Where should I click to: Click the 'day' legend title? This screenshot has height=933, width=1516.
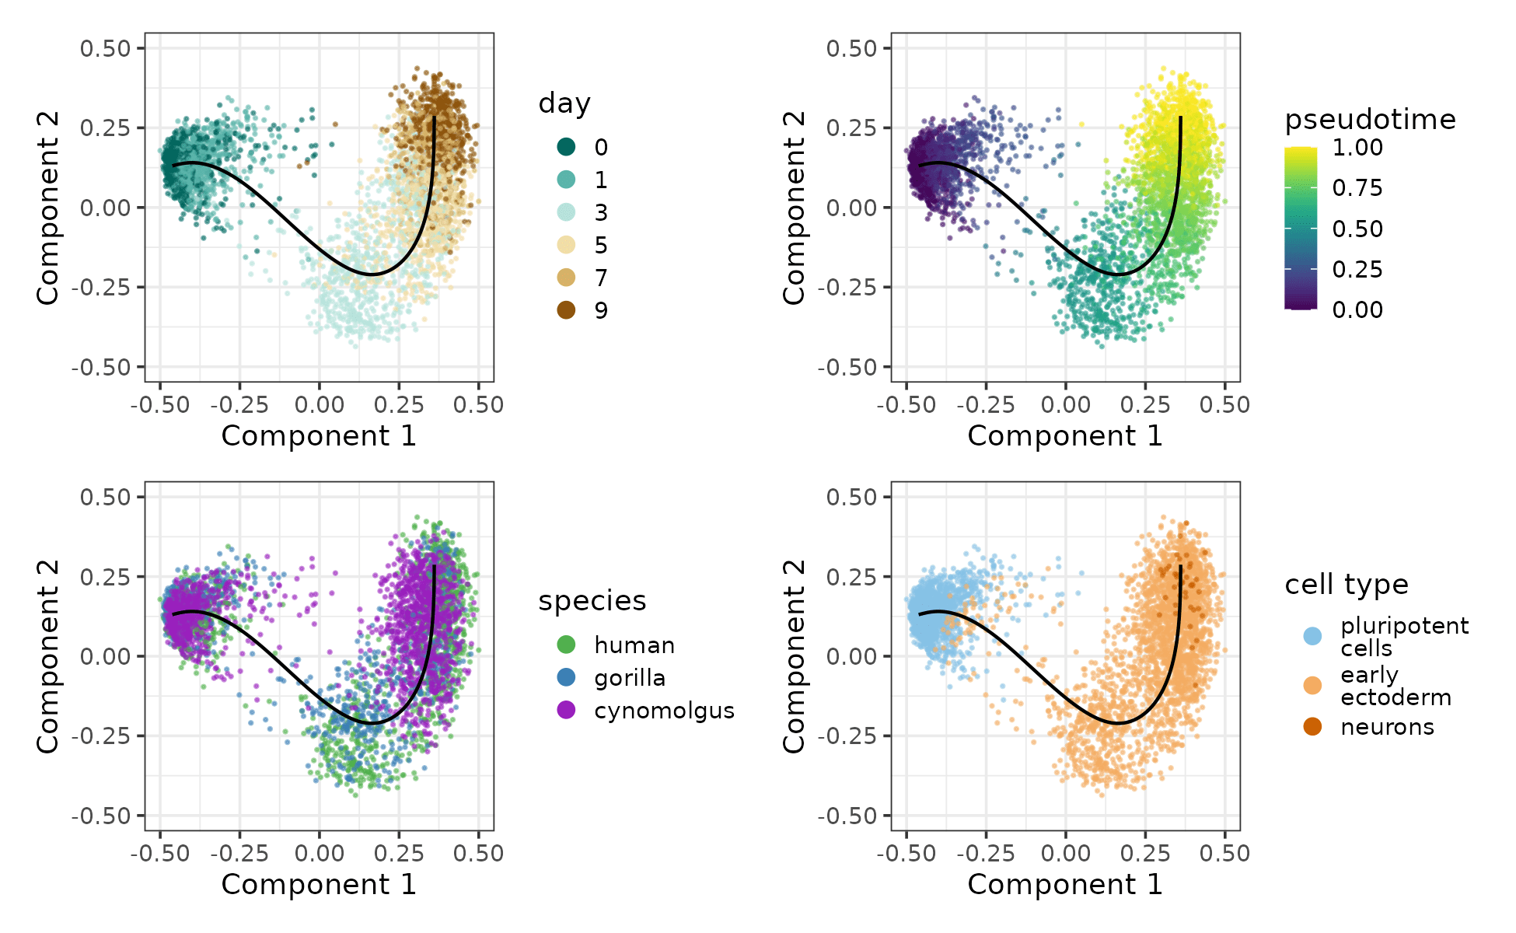(564, 103)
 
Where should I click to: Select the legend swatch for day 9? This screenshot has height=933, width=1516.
(567, 310)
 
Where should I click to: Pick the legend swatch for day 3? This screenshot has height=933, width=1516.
(567, 212)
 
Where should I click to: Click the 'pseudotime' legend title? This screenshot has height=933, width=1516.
(1370, 120)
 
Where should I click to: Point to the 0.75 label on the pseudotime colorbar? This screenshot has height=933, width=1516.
(1357, 188)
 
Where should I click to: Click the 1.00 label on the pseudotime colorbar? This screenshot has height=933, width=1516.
(1357, 148)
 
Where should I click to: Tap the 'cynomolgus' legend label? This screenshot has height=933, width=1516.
(664, 711)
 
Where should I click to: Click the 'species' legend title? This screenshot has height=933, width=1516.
(592, 601)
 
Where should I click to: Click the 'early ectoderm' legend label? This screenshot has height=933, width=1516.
(1395, 686)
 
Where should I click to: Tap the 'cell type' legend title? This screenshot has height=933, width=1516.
(1346, 585)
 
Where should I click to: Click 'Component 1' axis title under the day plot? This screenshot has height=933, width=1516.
(319, 436)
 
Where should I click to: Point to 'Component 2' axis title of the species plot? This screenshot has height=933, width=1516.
(48, 656)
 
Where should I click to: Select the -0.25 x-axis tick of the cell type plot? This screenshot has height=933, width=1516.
(986, 854)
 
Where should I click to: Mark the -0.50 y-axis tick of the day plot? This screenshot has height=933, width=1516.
(101, 367)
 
